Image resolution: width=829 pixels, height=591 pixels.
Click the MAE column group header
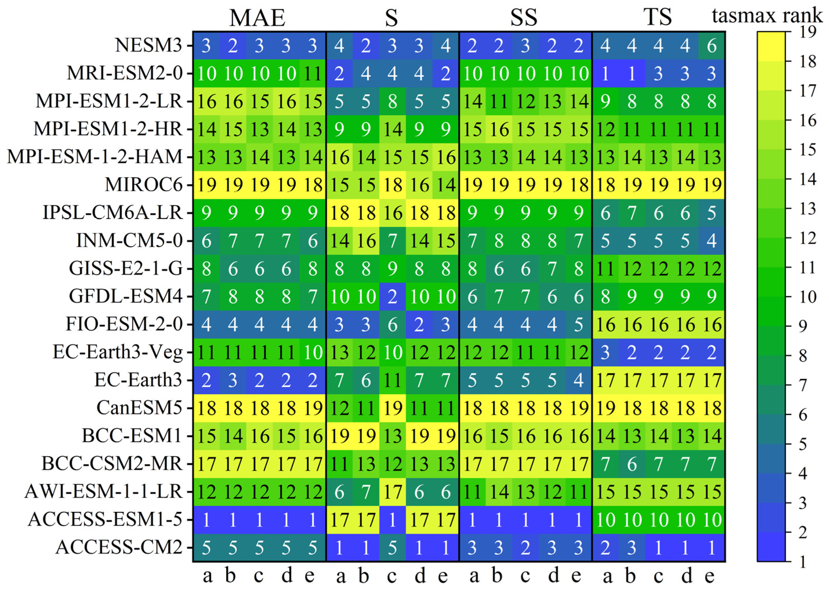pyautogui.click(x=257, y=17)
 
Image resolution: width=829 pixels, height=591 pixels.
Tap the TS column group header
pyautogui.click(x=658, y=17)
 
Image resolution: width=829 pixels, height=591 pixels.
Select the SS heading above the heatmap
pyautogui.click(x=524, y=17)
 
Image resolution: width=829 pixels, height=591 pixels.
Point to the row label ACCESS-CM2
pyautogui.click(x=119, y=547)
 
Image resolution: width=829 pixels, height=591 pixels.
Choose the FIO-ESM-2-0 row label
pyautogui.click(x=124, y=324)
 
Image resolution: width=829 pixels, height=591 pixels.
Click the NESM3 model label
pyautogui.click(x=148, y=46)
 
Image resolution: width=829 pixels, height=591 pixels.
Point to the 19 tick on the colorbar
pyautogui.click(x=808, y=32)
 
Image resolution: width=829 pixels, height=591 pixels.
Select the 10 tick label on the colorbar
pyautogui.click(x=808, y=297)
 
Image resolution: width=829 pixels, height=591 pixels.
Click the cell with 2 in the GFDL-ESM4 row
pyautogui.click(x=392, y=296)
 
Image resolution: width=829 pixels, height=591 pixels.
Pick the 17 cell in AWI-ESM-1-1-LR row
pyautogui.click(x=392, y=492)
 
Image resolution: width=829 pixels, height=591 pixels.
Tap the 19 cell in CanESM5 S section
pyautogui.click(x=392, y=408)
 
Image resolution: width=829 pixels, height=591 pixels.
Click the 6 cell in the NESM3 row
pyautogui.click(x=712, y=46)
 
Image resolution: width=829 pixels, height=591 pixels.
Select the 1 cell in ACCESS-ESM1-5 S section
pyautogui.click(x=392, y=520)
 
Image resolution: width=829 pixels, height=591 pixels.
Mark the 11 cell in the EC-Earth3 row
pyautogui.click(x=392, y=380)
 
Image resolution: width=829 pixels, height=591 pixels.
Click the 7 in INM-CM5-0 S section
pyautogui.click(x=392, y=241)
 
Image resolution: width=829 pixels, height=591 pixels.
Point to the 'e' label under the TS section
pyautogui.click(x=709, y=577)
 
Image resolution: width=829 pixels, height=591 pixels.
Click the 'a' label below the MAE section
pyautogui.click(x=207, y=577)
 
